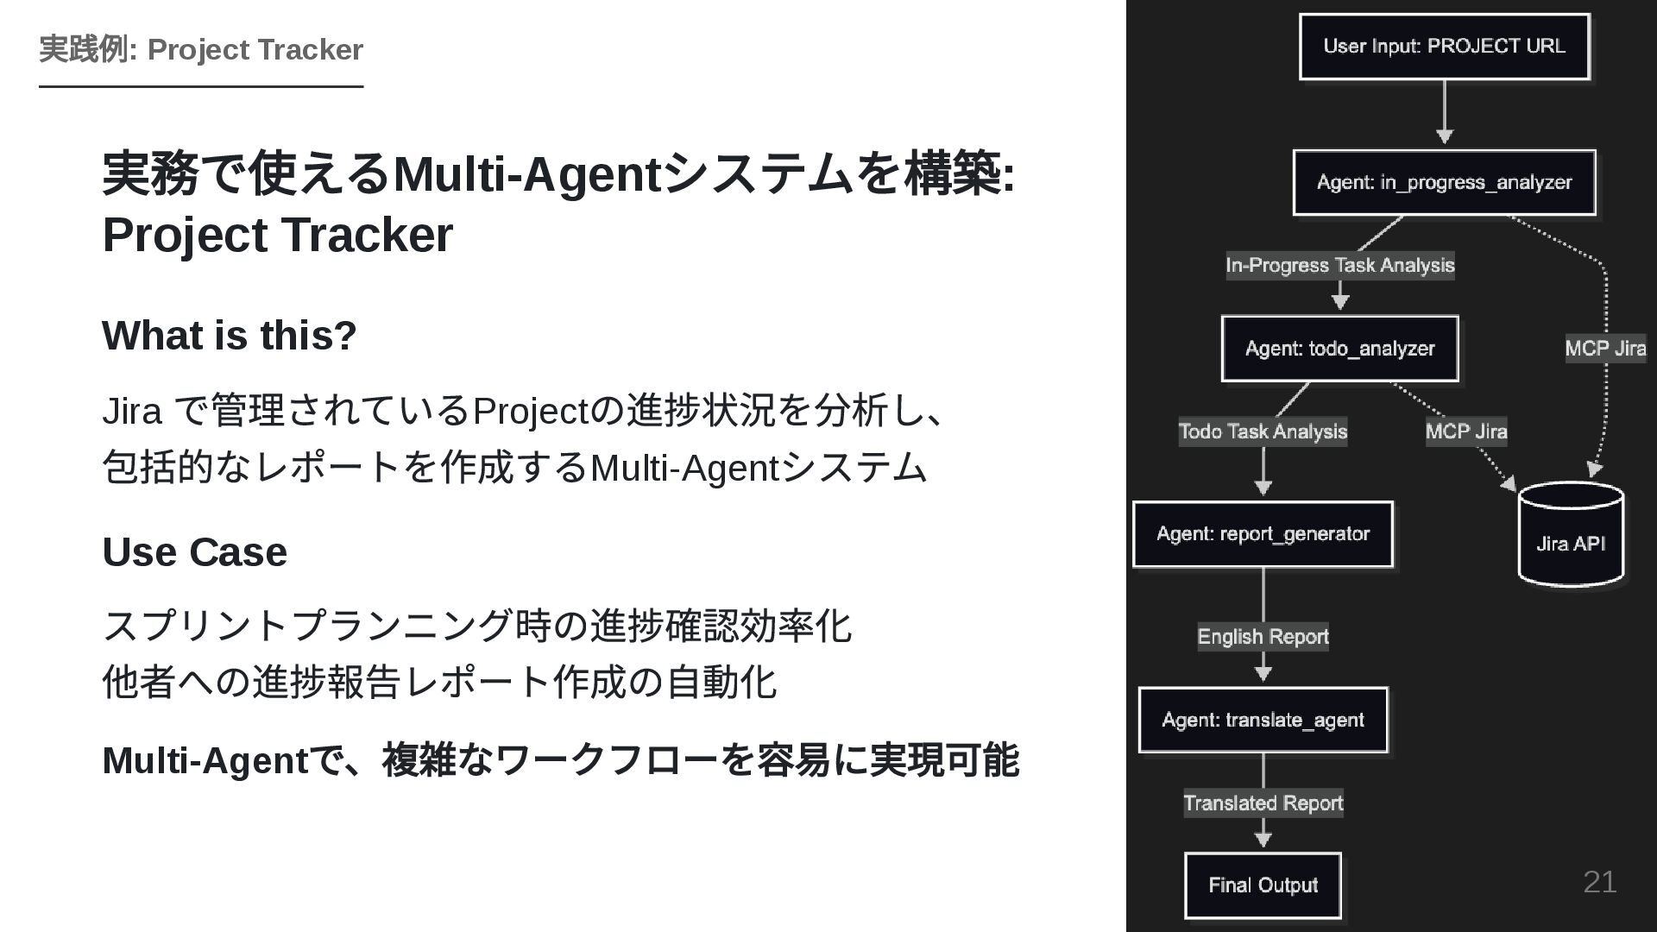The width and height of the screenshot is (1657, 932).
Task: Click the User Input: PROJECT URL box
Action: click(x=1444, y=47)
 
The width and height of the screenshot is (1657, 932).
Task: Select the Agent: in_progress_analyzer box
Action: click(x=1444, y=182)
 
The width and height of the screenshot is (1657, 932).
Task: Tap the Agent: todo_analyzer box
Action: click(x=1339, y=349)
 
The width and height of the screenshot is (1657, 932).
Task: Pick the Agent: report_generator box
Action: click(x=1263, y=534)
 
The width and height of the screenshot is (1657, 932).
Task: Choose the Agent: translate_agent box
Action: click(x=1263, y=720)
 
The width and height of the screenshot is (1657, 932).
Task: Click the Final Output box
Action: click(x=1263, y=885)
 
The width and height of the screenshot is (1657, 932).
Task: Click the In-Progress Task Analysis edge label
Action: click(x=1339, y=265)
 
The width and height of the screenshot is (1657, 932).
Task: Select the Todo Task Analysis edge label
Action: click(x=1263, y=431)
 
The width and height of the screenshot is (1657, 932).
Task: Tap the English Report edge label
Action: click(x=1263, y=637)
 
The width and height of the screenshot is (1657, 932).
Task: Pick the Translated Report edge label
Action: click(x=1263, y=803)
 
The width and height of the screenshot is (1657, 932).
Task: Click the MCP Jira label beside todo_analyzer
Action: click(x=1465, y=431)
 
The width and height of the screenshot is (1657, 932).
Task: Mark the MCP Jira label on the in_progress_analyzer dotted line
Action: click(x=1605, y=349)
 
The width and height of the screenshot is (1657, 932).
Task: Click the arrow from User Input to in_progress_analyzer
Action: click(x=1444, y=112)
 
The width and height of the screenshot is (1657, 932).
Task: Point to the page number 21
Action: click(x=1599, y=882)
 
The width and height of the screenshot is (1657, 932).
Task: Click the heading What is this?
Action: click(x=229, y=335)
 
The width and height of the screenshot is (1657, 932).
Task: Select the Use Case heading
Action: click(x=194, y=551)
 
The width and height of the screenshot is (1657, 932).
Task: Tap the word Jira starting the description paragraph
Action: click(x=131, y=411)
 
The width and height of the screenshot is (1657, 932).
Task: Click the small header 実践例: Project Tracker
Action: click(x=201, y=49)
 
